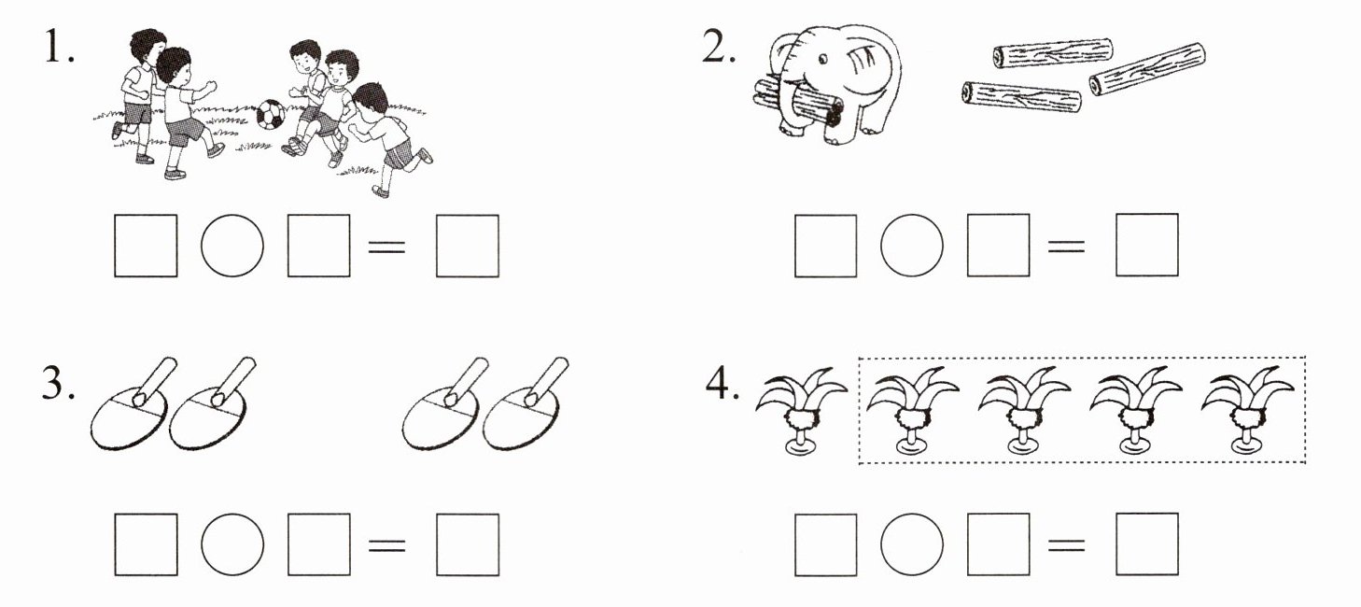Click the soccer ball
[271, 115]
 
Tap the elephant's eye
[822, 60]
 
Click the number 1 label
[59, 47]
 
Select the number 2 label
[718, 47]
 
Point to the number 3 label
[58, 383]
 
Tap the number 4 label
[723, 383]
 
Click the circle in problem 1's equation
[232, 246]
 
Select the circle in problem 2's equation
[912, 245]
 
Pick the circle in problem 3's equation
[232, 544]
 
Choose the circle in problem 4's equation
[912, 544]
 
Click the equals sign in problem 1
[387, 247]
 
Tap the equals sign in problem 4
[1066, 545]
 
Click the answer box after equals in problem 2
[1147, 245]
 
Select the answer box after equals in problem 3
[468, 544]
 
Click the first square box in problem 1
[146, 246]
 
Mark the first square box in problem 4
[826, 544]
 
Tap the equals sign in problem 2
[1066, 247]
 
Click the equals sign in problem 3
[387, 545]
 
